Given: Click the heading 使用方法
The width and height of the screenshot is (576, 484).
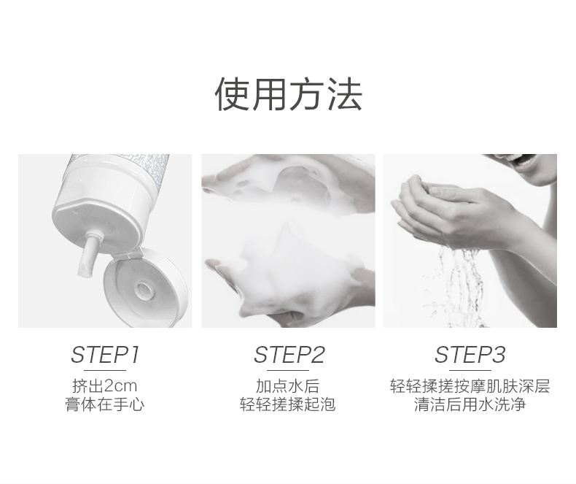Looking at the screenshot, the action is point(289,94).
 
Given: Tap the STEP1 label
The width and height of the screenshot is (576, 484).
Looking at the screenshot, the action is point(105,355).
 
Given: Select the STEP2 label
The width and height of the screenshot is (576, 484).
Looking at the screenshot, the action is point(289,355).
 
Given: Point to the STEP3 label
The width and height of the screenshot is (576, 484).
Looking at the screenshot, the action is point(470,355).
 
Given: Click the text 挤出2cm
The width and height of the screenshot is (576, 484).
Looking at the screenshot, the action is point(105,385).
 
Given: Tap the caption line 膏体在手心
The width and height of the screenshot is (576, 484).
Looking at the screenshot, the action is point(105,404).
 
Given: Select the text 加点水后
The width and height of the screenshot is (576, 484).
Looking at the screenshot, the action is point(287,385).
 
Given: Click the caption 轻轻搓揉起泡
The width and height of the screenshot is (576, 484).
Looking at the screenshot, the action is point(287,404).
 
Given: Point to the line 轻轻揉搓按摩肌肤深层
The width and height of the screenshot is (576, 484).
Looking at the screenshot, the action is point(470,385).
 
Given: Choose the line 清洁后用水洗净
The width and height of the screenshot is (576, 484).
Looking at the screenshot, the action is point(470,404).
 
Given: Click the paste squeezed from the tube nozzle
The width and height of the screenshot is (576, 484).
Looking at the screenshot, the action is point(88,257).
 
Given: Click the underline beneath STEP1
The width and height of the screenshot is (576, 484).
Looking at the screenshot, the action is point(105,370).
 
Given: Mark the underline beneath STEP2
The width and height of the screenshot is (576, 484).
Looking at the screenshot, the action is point(287,370).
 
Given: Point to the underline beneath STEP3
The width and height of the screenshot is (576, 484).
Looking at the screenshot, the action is point(470,370).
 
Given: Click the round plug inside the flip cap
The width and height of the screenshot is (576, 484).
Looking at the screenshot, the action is point(143,289).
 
